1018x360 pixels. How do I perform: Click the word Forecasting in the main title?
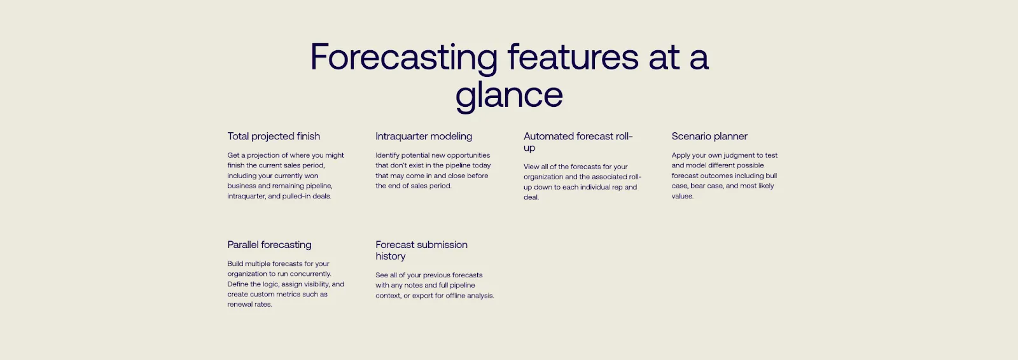[403, 58]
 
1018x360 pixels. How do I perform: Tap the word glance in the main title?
[509, 95]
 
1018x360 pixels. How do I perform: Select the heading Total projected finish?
[274, 136]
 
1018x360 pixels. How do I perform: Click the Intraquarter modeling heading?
[424, 136]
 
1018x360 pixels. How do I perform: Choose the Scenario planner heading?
[709, 136]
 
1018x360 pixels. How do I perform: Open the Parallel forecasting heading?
[269, 245]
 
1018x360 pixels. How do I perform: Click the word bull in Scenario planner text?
[771, 176]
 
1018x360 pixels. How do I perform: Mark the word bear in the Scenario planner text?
[699, 186]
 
